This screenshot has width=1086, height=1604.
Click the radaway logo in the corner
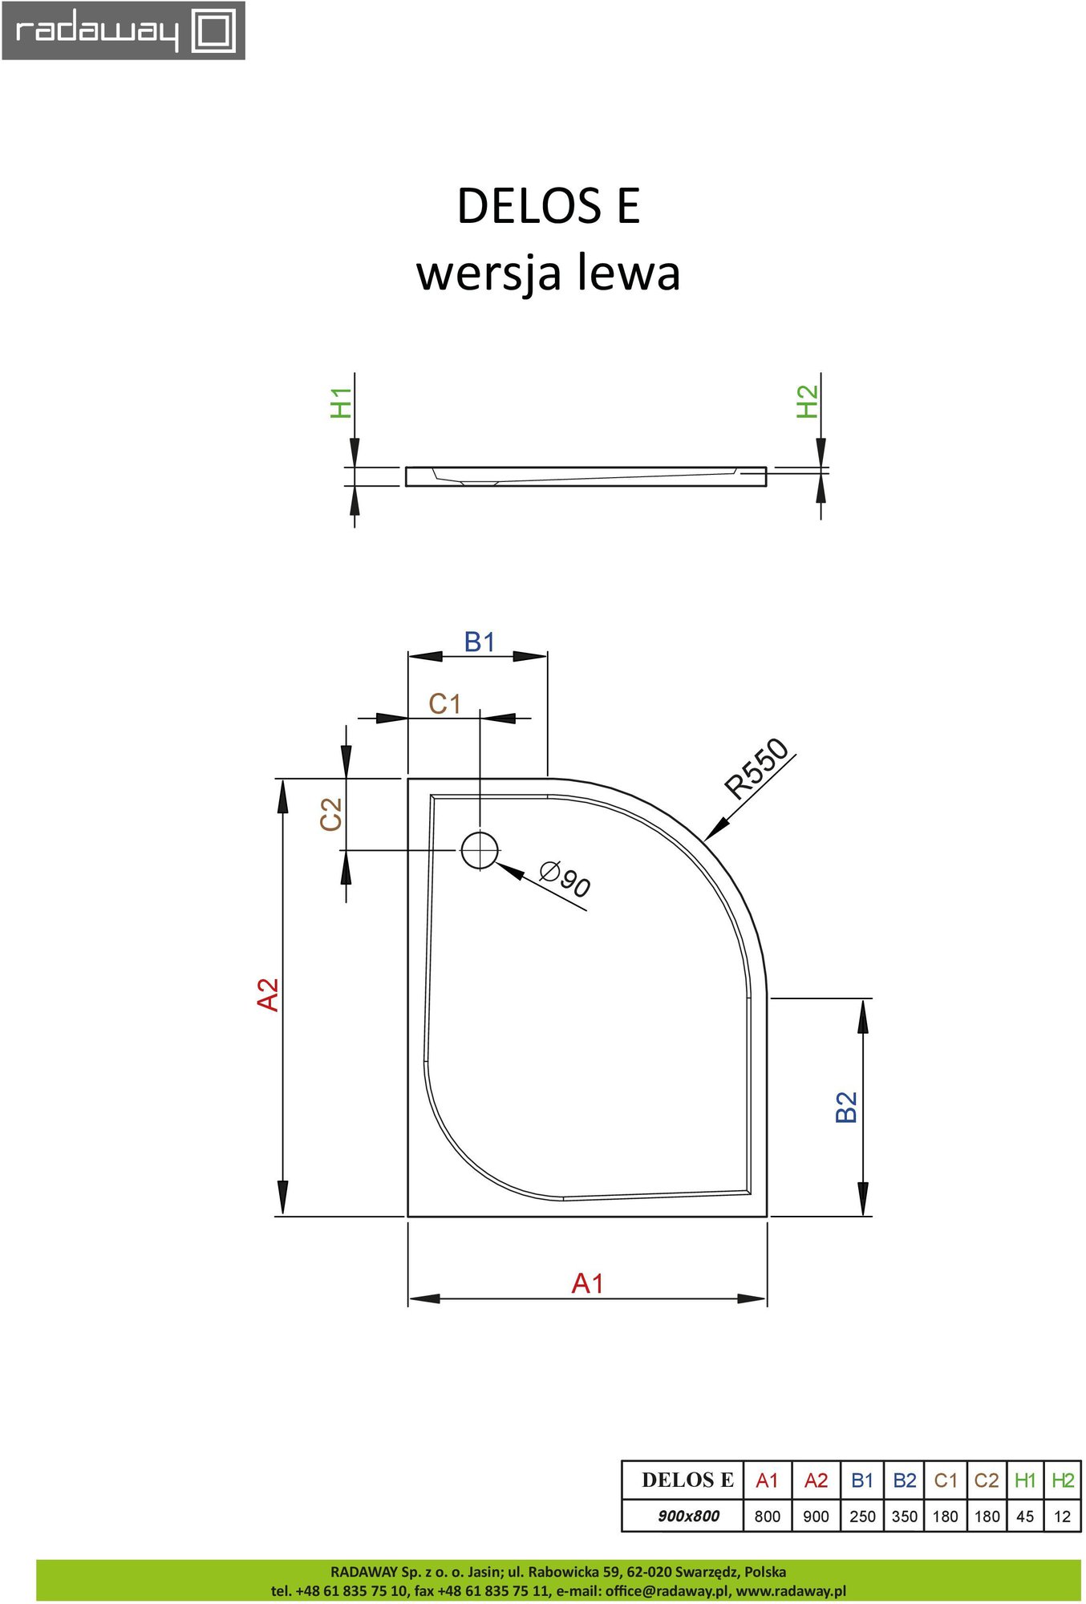124,30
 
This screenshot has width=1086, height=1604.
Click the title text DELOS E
549,206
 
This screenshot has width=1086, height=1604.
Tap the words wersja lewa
549,273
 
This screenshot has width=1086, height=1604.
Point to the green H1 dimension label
341,403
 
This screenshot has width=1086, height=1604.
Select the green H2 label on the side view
807,402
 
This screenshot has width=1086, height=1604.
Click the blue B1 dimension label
480,642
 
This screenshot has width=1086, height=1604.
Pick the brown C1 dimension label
444,703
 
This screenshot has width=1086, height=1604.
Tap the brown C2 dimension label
330,814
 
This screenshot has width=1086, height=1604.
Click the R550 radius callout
757,768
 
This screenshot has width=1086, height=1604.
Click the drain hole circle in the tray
480,850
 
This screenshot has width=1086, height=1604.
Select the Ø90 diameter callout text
565,879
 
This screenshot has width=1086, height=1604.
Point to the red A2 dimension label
268,994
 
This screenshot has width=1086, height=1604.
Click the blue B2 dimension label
846,1107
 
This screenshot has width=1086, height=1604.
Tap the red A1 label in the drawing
587,1283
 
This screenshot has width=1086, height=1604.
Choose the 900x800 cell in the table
688,1516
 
